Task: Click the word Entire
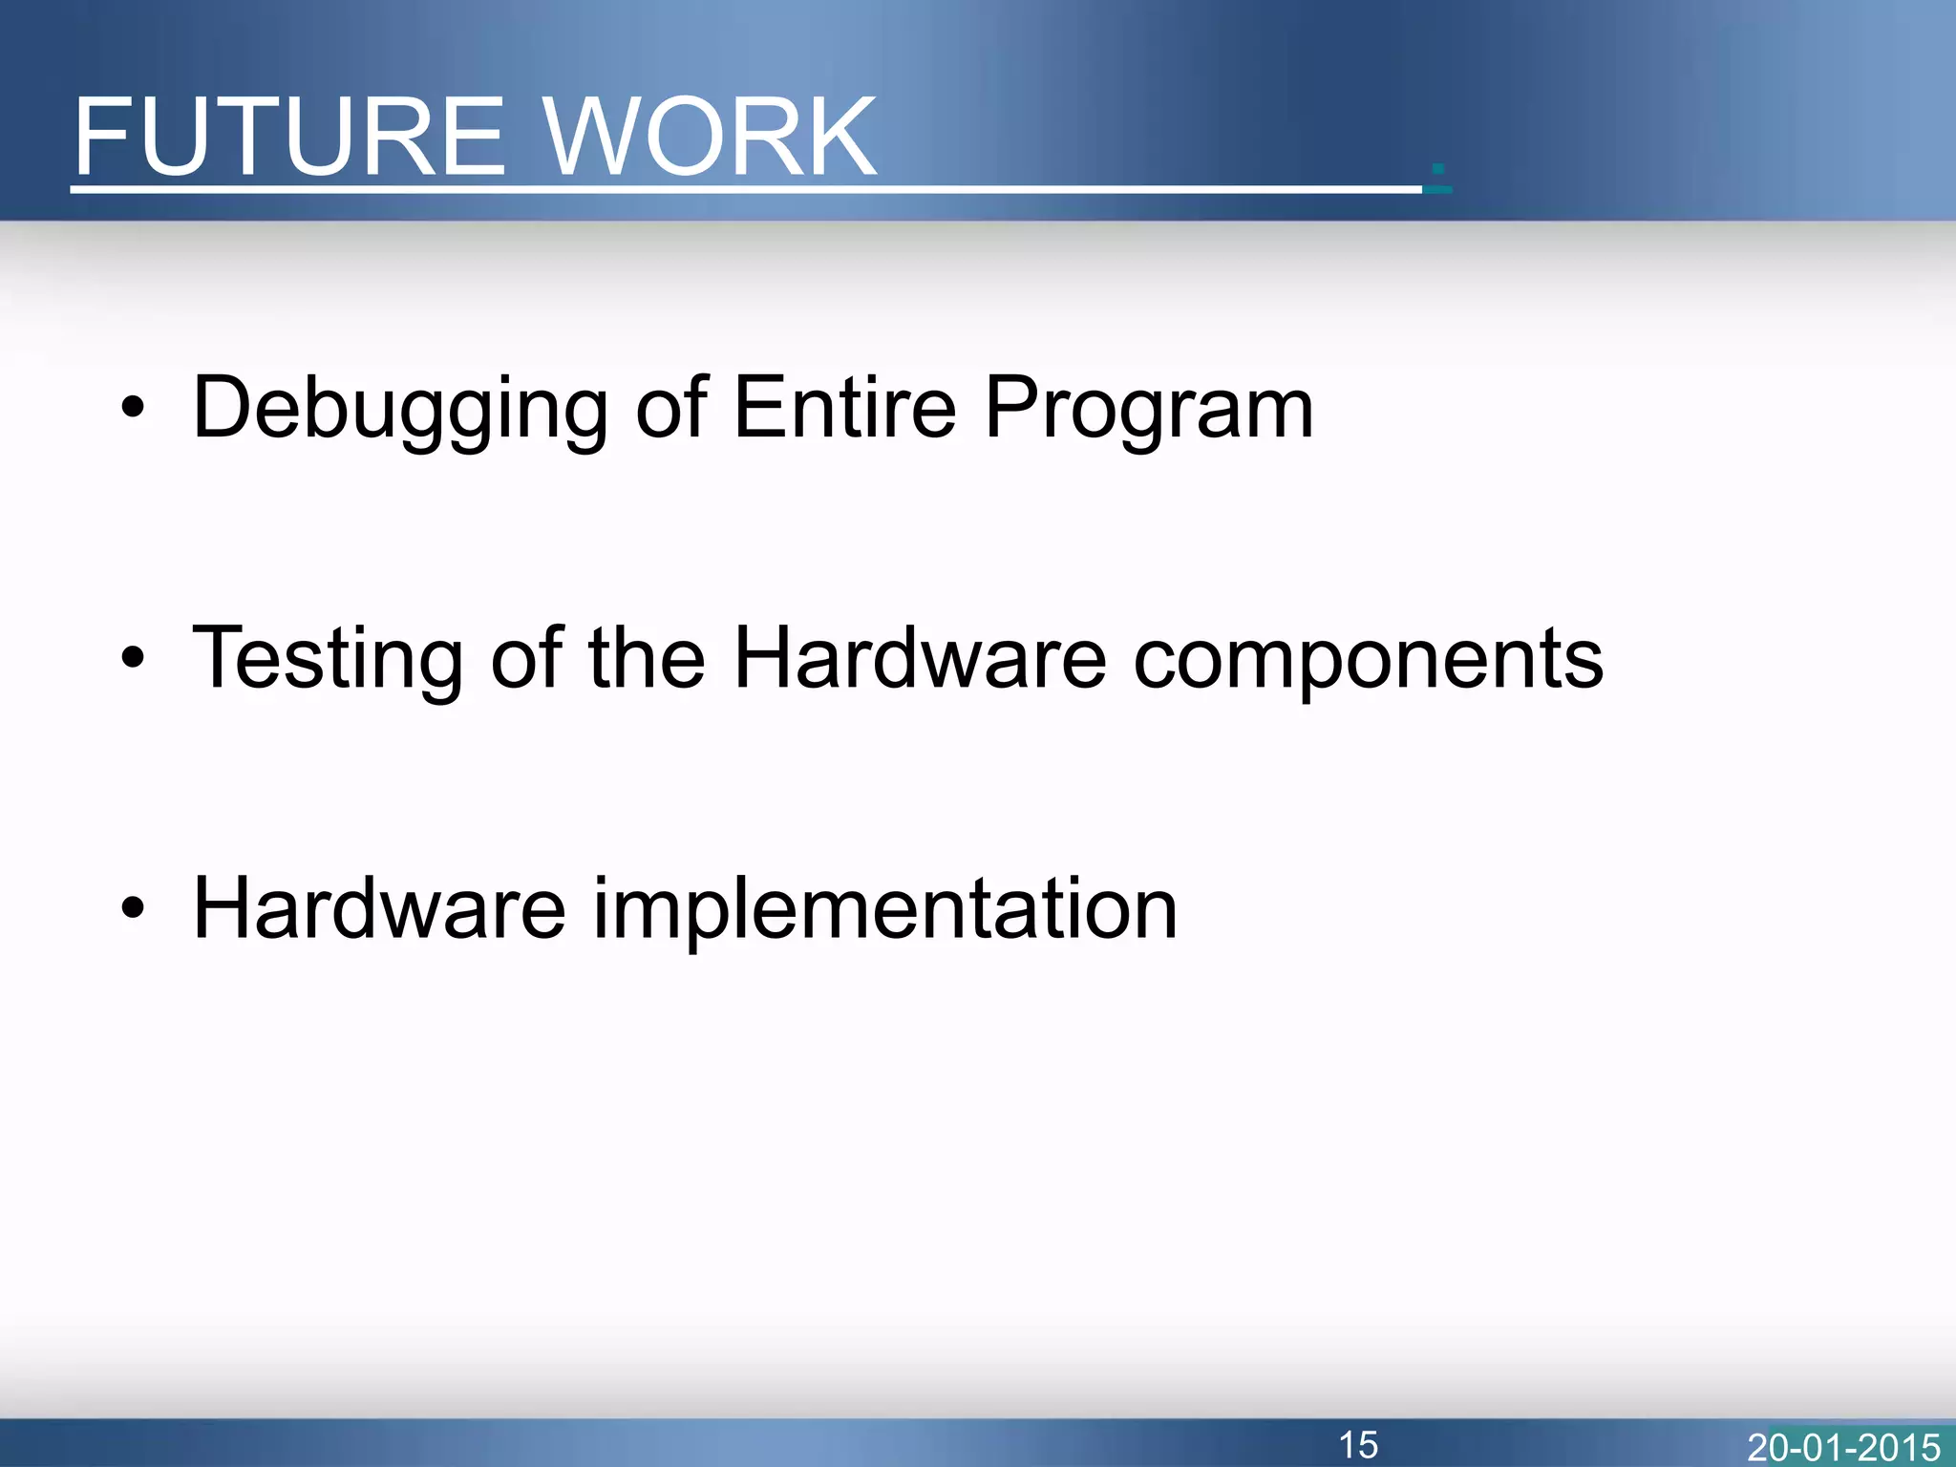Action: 844,408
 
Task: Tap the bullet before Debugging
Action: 133,410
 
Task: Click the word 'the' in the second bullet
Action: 647,658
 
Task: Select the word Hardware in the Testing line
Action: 920,658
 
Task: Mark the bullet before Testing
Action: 133,658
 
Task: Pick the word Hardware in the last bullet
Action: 379,908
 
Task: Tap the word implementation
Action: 885,910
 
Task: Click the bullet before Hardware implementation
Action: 133,908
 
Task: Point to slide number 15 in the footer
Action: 1357,1444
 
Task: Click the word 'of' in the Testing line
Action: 526,658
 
